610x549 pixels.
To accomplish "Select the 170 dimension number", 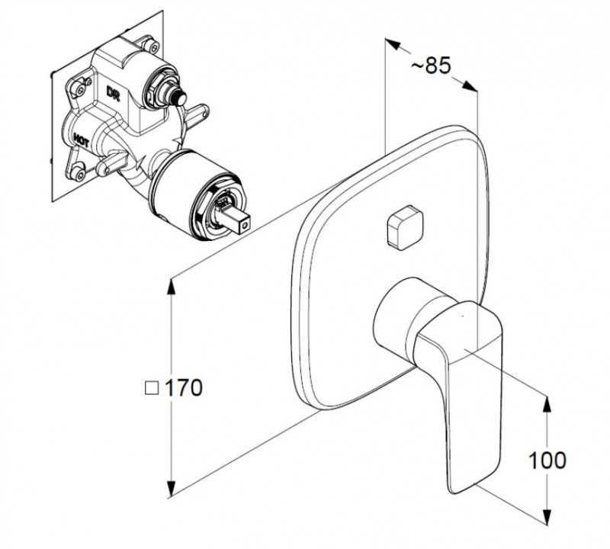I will (184, 387).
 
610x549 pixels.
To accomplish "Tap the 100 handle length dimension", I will (547, 460).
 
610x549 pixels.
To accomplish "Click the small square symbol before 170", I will (151, 387).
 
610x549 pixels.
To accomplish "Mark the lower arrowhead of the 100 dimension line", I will (547, 520).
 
